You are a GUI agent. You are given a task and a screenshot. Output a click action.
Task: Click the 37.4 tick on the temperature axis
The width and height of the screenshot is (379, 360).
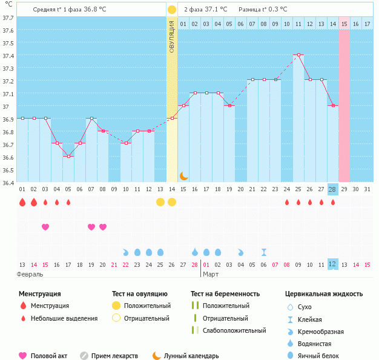coord(8,56)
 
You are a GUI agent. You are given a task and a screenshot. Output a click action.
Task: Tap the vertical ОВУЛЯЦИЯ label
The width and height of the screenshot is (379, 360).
coord(172,37)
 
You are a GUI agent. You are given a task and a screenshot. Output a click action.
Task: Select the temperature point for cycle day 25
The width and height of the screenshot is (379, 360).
coord(298,54)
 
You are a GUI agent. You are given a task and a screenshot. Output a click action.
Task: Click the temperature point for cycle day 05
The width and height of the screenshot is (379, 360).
coord(68,156)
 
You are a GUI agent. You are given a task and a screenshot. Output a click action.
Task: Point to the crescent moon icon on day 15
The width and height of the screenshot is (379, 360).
coord(183,175)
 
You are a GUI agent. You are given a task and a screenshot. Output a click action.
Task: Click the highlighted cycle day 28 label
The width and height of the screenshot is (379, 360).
coord(332,189)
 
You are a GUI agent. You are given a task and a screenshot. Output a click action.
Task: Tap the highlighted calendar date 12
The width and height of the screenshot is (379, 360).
coord(332,264)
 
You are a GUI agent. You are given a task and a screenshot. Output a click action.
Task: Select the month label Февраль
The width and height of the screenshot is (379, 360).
coord(30,274)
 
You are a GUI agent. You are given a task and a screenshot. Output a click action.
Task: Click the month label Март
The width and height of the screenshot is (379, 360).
coord(211,274)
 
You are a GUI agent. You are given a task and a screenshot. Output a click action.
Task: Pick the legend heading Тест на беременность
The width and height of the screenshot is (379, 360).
coord(225,294)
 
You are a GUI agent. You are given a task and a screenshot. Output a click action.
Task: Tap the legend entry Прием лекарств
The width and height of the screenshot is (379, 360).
coord(114,356)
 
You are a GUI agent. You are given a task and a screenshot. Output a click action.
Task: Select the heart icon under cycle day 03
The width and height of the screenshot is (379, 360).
coord(45,227)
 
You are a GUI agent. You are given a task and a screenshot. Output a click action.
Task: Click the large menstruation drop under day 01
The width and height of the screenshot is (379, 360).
coord(22,202)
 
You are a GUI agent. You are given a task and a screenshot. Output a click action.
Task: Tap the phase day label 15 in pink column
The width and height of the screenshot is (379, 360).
coord(344,24)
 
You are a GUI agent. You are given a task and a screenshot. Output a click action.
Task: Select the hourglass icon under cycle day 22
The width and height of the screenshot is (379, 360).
coord(263,252)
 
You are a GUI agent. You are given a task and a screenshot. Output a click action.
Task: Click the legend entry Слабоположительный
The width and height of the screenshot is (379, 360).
coord(234,330)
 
